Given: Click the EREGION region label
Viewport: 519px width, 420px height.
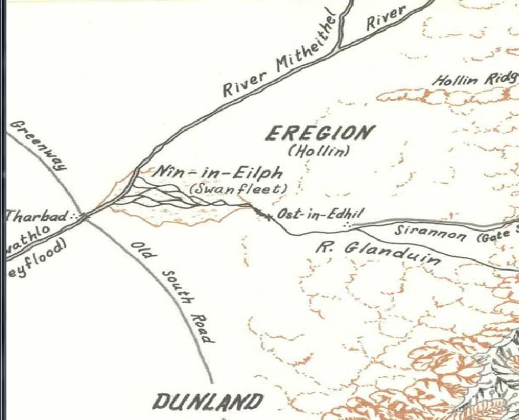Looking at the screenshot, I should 319,134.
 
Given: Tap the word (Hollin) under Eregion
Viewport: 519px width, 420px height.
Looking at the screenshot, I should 319,152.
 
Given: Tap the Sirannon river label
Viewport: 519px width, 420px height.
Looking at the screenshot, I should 430,232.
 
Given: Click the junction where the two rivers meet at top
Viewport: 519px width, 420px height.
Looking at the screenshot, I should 340,46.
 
